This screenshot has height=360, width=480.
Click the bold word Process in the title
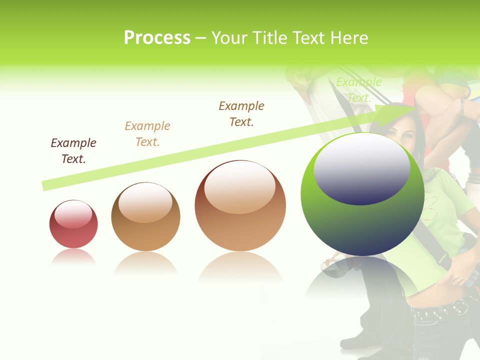(157, 38)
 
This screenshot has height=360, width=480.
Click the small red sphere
(73, 224)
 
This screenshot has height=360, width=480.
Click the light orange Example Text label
(147, 134)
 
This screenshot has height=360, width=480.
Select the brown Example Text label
(241, 114)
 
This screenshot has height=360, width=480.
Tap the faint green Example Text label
(358, 90)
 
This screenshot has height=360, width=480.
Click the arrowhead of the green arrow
(400, 114)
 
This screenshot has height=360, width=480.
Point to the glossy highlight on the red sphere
(73, 214)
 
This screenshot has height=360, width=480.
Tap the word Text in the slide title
(307, 38)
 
